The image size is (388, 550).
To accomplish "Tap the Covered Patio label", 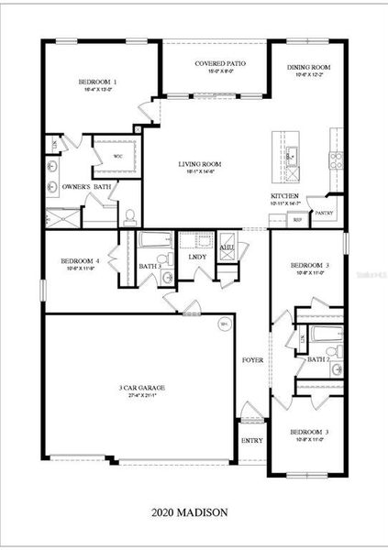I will coord(216,64).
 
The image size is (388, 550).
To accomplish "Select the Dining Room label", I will coord(308,68).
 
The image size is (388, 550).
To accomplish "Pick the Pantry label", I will coord(323,212).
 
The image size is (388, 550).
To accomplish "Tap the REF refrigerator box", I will coord(297,220).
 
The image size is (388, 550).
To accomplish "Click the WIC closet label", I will coord(117,156).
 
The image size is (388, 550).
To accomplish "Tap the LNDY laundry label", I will coord(197,257).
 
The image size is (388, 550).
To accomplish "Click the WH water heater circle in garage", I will coord(224,324).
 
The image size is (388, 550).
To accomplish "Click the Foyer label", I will coord(252,360).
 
